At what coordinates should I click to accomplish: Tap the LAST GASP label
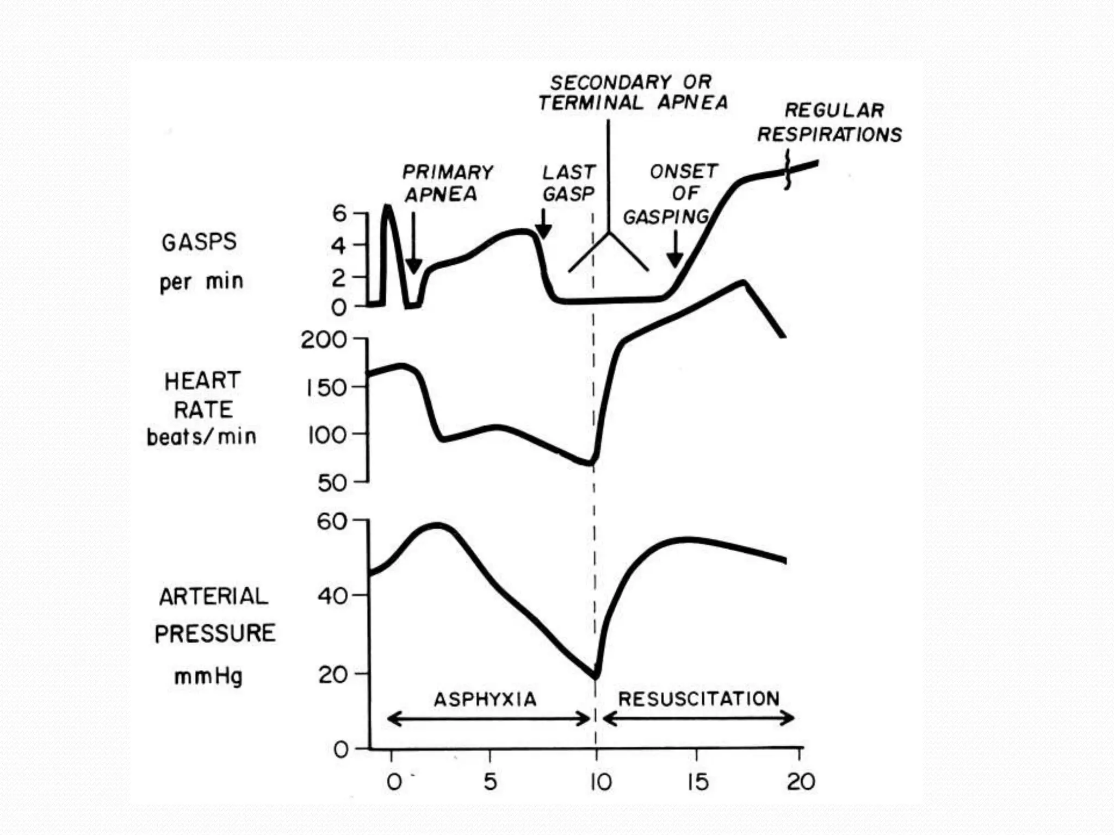pyautogui.click(x=569, y=183)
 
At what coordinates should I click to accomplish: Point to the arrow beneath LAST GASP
pyautogui.click(x=543, y=224)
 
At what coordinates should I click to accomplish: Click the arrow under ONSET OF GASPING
pyautogui.click(x=675, y=249)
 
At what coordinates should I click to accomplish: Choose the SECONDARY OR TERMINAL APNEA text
pyautogui.click(x=633, y=92)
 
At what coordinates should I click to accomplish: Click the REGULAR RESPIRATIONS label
pyautogui.click(x=830, y=122)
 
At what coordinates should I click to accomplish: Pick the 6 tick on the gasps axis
pyautogui.click(x=339, y=214)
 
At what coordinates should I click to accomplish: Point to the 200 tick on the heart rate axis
pyautogui.click(x=324, y=340)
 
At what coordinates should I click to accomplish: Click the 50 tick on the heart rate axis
pyautogui.click(x=332, y=483)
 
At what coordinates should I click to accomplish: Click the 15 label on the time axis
pyautogui.click(x=697, y=782)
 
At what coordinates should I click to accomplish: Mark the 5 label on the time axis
pyautogui.click(x=490, y=782)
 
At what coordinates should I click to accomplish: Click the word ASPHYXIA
pyautogui.click(x=485, y=699)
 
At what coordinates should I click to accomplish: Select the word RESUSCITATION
pyautogui.click(x=699, y=699)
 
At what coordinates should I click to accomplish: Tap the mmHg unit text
pyautogui.click(x=208, y=677)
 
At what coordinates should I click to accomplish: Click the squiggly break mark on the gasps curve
pyautogui.click(x=787, y=172)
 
